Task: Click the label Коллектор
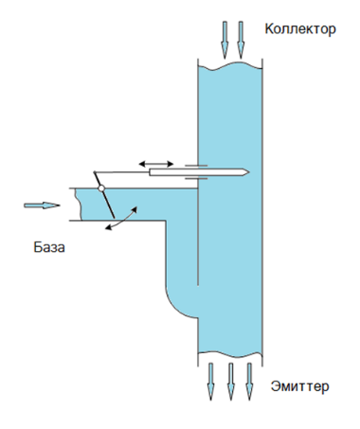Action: click(300, 29)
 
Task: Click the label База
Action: click(49, 247)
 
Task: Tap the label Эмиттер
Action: click(300, 386)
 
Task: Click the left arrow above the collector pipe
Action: click(225, 40)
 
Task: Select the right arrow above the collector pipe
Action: click(241, 40)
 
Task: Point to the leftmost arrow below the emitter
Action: click(210, 382)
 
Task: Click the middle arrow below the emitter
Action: click(231, 382)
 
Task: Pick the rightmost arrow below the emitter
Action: click(249, 382)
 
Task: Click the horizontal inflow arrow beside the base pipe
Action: click(42, 206)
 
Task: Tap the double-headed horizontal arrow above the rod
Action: click(156, 164)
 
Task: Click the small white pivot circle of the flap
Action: click(101, 188)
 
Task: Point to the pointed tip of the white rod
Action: click(249, 172)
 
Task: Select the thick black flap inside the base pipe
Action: click(104, 195)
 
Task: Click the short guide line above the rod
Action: click(196, 165)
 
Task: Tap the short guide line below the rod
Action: click(196, 179)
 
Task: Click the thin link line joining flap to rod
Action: click(122, 172)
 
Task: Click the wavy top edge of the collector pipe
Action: click(230, 66)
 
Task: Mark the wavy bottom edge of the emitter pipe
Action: click(230, 354)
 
